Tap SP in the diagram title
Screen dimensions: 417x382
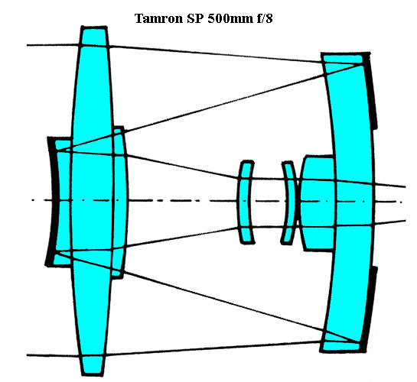196,18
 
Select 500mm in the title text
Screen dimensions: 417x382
230,18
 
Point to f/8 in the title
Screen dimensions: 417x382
265,18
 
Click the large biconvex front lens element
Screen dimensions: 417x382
92,201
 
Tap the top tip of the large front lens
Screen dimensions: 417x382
94,27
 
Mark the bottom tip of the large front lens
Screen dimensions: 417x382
92,375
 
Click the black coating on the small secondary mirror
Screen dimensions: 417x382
51,201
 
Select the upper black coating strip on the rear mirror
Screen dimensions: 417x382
370,90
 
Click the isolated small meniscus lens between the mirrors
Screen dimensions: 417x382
246,202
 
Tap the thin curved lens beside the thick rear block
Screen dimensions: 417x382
289,202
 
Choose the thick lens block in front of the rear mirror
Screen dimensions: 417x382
317,203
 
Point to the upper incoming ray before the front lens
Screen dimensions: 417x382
54,45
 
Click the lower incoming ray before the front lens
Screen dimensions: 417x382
54,355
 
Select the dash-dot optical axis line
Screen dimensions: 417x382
217,201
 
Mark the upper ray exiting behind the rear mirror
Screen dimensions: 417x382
389,185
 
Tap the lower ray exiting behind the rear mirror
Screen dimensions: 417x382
390,222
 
